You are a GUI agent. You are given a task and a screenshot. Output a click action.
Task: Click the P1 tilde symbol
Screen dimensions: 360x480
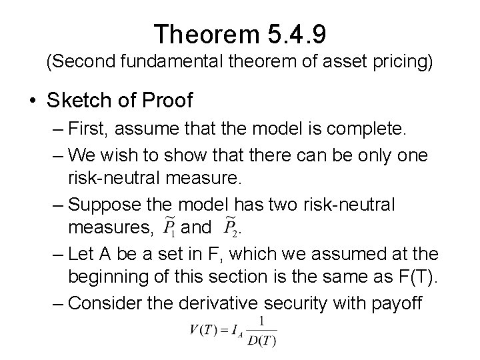tap(169, 227)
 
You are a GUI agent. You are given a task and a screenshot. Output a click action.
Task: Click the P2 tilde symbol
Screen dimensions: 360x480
tap(231, 227)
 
